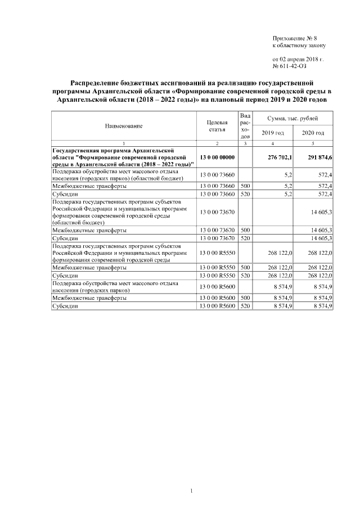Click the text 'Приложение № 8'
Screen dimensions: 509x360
click(295, 38)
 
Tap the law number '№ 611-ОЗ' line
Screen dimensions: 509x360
click(290, 66)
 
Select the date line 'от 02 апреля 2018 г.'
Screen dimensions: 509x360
click(298, 58)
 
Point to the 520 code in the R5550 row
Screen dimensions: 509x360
click(245, 276)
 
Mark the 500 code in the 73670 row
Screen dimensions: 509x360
click(245, 230)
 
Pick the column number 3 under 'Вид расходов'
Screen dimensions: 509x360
click(245, 145)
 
